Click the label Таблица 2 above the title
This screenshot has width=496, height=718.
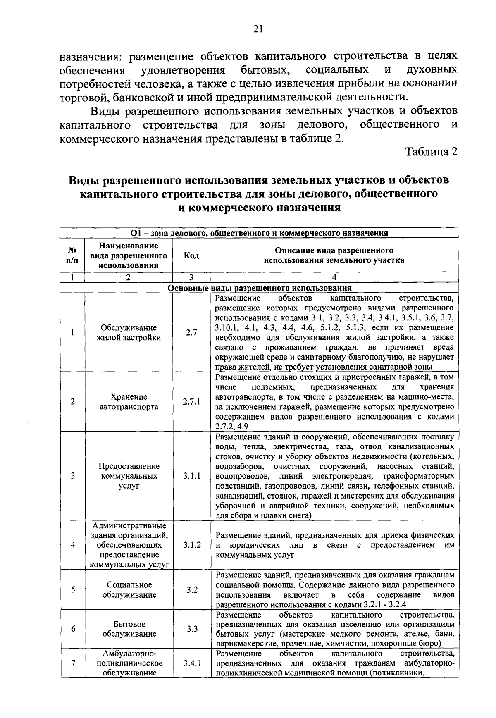tap(432, 152)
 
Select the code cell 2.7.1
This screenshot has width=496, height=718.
tap(191, 401)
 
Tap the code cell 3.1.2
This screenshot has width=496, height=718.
tap(191, 545)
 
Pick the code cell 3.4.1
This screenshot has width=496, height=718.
tap(191, 663)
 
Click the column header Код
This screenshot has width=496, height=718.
tap(191, 255)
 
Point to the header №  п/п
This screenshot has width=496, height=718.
tap(72, 255)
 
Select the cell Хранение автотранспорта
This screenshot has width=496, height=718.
tap(129, 401)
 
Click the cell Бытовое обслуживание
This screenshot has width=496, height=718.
tap(129, 629)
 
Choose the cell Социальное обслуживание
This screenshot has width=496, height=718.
tap(129, 590)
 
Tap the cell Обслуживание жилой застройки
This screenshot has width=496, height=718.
tap(129, 332)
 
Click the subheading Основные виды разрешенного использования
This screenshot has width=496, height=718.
tap(260, 288)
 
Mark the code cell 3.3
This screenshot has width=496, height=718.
tap(191, 629)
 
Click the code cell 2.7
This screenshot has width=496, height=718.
tap(191, 332)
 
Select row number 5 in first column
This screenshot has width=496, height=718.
tap(73, 590)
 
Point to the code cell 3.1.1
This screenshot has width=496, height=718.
tap(191, 476)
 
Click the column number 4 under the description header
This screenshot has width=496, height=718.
tap(334, 277)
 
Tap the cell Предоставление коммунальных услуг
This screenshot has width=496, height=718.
tap(129, 476)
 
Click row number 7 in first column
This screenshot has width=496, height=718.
tap(73, 663)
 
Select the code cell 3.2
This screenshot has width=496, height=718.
tap(191, 590)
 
